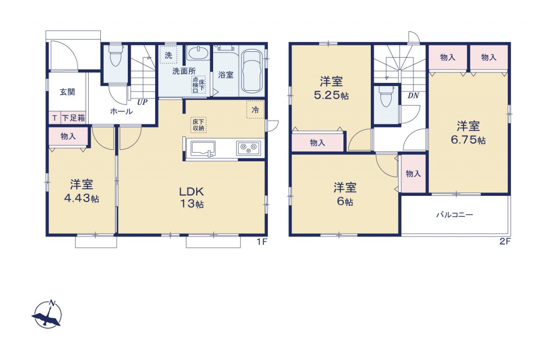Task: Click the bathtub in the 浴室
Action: pyautogui.click(x=252, y=72)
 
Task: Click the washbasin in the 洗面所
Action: pyautogui.click(x=198, y=53)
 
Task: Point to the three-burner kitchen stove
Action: pyautogui.click(x=248, y=148)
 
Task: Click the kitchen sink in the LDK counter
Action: pyautogui.click(x=203, y=149)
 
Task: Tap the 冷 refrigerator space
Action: pyautogui.click(x=255, y=110)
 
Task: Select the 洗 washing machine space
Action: pyautogui.click(x=168, y=55)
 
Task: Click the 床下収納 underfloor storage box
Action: pyautogui.click(x=198, y=125)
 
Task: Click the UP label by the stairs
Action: pyautogui.click(x=142, y=102)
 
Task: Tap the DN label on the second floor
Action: pyautogui.click(x=413, y=96)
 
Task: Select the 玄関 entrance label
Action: pyautogui.click(x=67, y=92)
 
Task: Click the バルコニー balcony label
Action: pyautogui.click(x=455, y=214)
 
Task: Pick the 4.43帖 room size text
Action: pyautogui.click(x=81, y=198)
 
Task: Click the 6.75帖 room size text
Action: pyautogui.click(x=468, y=140)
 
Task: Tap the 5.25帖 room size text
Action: pyautogui.click(x=331, y=95)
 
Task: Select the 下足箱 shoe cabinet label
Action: pyautogui.click(x=73, y=118)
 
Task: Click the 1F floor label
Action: pyautogui.click(x=262, y=241)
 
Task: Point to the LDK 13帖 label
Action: pyautogui.click(x=192, y=198)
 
